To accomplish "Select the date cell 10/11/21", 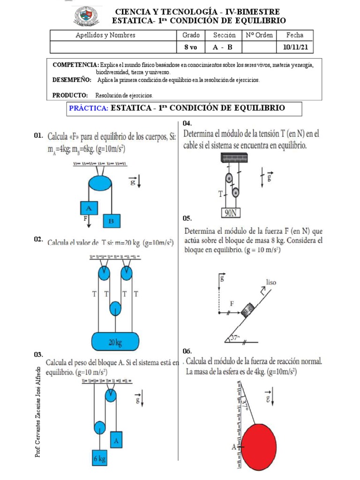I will pos(296,47).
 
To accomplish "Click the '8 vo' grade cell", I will pos(190,47).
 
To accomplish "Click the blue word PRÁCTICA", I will pos(89,108).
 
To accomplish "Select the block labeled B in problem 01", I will pos(112,220).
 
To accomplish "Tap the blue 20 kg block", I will pos(115,342).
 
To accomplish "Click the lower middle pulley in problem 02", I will pos(115,309).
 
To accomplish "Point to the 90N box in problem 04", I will pos(230,213).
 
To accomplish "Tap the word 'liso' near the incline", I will pos(272,282).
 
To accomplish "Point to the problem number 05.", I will pos(187,219).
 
